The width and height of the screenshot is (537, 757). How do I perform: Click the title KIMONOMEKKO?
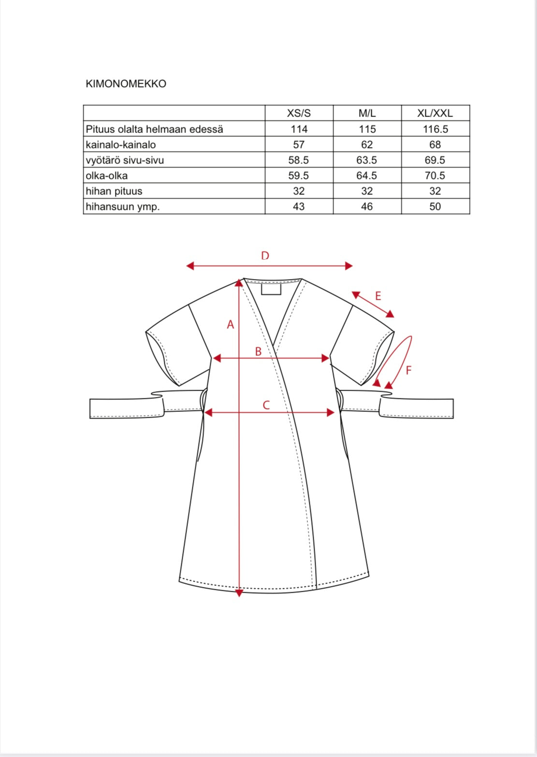point(126,84)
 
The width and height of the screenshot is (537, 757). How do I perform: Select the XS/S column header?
point(299,114)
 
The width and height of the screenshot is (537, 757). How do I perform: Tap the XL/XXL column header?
point(435,114)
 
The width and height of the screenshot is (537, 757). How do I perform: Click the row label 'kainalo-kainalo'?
point(121,145)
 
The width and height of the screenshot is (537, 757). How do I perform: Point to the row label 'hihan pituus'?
point(114,191)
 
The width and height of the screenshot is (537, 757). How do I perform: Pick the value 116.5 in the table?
point(435,129)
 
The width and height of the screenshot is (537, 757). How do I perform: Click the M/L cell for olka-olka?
point(367,175)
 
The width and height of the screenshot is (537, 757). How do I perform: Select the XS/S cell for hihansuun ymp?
point(299,206)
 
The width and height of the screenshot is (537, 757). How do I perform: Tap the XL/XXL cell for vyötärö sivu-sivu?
point(435,160)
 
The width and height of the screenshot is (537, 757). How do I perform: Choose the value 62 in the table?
point(367,145)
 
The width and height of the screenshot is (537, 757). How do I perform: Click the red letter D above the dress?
point(265,256)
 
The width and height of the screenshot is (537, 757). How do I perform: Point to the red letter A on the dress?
point(231,325)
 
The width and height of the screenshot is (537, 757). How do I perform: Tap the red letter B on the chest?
point(258,351)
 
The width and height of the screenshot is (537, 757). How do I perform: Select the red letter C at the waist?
point(266,405)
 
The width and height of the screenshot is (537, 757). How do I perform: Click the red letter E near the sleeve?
point(378,296)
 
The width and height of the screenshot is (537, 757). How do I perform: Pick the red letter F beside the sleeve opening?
point(408,371)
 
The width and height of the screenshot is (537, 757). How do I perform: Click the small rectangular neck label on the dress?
point(271,289)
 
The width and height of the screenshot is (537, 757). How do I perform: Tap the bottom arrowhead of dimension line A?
point(239,593)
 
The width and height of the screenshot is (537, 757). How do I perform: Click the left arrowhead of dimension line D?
point(190,265)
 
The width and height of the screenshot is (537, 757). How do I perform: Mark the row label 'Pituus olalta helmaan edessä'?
point(154,129)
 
